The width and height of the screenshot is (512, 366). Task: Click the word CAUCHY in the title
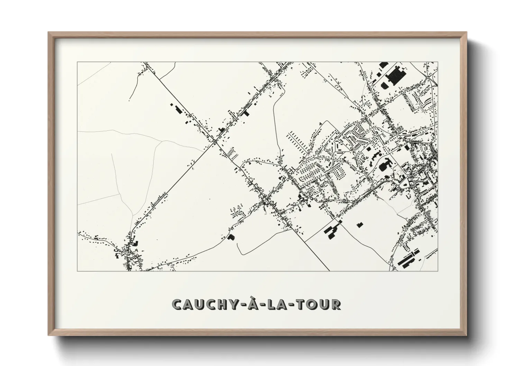pos(202,304)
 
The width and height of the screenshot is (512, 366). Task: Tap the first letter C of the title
pos(177,304)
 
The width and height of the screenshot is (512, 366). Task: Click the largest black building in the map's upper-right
pos(394,75)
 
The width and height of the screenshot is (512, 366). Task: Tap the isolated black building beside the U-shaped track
pos(231,237)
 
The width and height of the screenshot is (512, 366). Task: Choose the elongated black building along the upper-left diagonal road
pos(177,109)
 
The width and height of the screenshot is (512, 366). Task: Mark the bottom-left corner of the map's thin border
pos(77,271)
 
